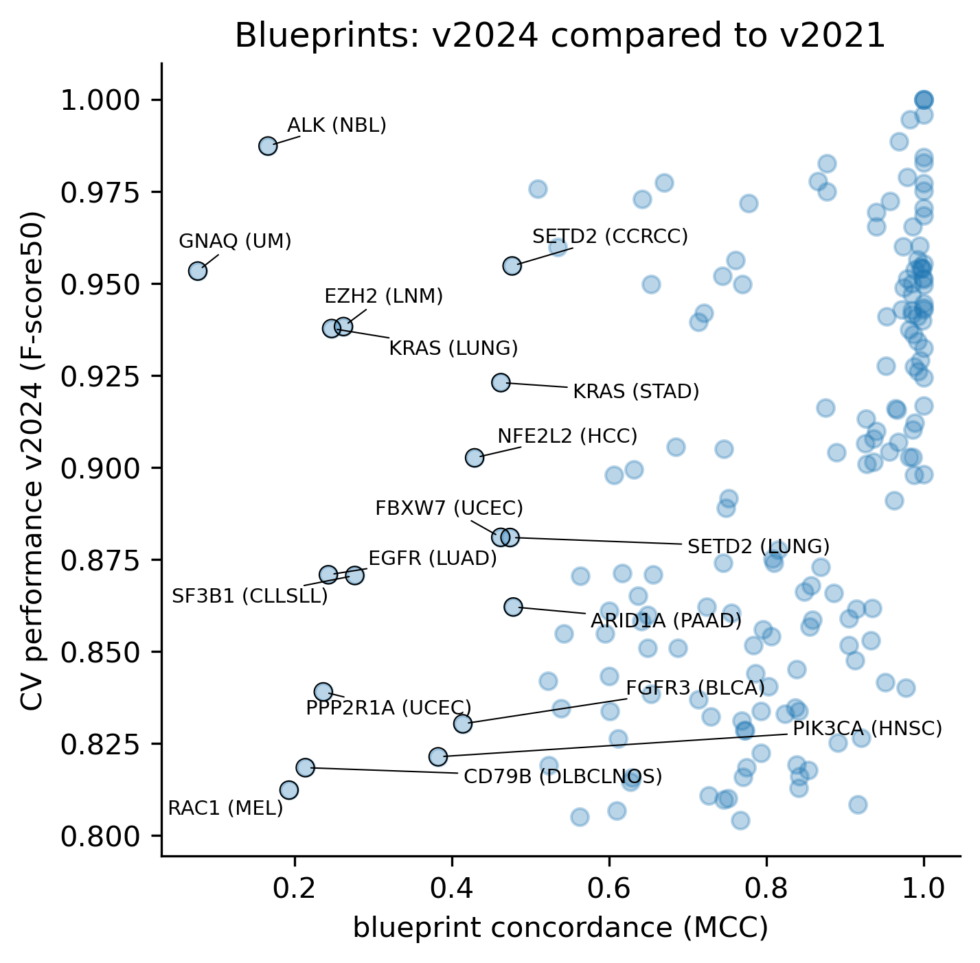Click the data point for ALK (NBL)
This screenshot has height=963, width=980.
[268, 146]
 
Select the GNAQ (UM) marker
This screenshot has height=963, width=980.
[198, 270]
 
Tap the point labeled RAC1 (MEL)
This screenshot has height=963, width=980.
[289, 789]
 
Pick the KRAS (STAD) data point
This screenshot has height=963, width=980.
[501, 382]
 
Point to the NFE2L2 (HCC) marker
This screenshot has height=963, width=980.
[475, 457]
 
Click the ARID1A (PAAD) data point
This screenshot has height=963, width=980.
[513, 606]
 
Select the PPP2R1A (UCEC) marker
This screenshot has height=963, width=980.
[323, 691]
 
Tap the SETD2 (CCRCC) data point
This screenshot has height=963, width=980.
[512, 266]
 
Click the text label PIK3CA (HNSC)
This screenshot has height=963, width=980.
[867, 729]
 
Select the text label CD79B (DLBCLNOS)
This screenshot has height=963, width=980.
[563, 777]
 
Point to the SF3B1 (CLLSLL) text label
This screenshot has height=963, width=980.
[250, 596]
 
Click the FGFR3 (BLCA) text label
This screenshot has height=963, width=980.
[695, 688]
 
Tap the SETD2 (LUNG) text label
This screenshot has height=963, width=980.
[758, 547]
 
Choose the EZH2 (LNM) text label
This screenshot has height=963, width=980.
[384, 297]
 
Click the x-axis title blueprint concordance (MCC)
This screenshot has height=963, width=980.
[560, 928]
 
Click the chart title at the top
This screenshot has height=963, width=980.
[560, 36]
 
